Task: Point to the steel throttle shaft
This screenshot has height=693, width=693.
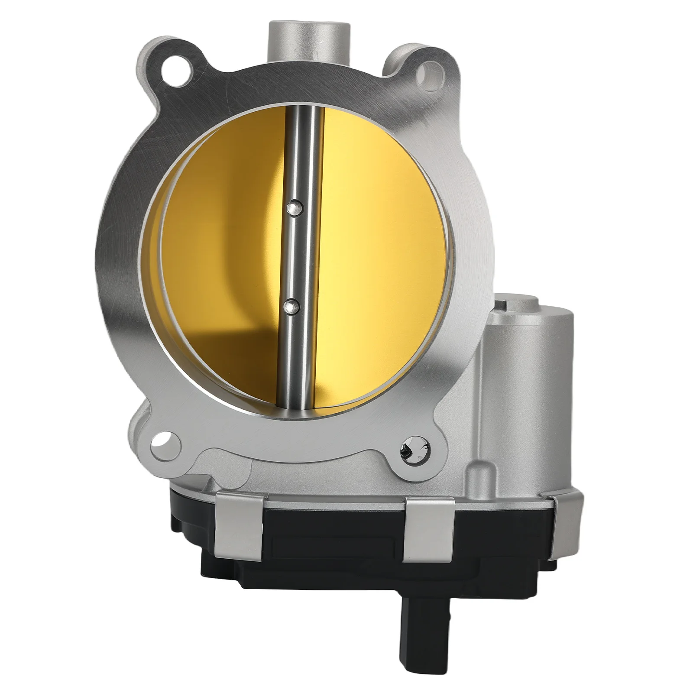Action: pos(299,260)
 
